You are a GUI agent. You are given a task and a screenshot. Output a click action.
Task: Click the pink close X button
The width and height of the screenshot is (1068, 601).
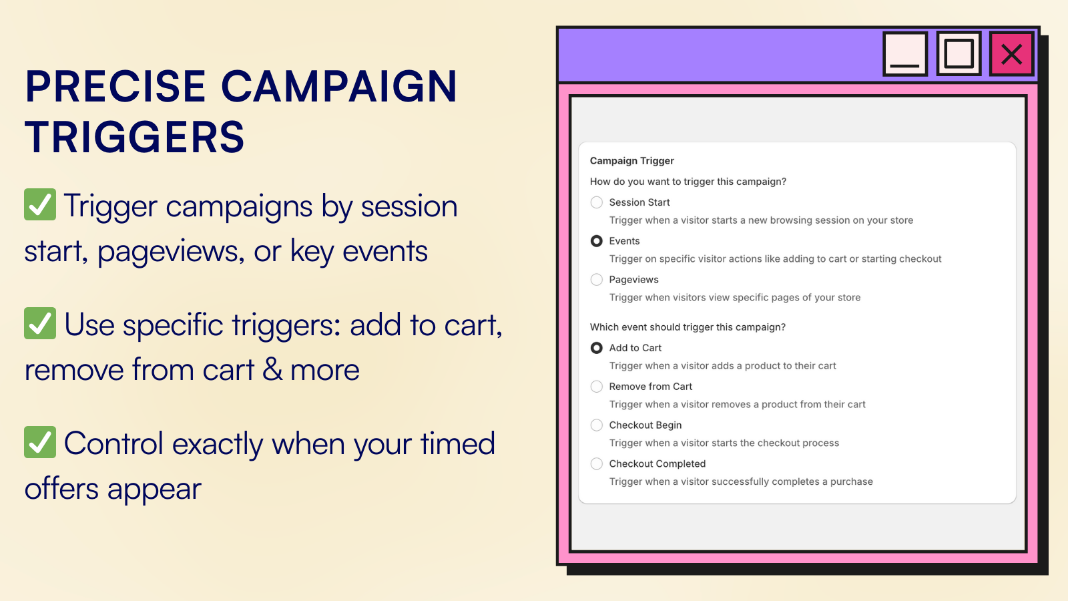coord(1011,54)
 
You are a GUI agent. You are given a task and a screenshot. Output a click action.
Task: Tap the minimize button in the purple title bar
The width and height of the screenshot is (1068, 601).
coord(905,54)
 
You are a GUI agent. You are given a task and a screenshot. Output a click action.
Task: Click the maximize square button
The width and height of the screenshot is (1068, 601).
coord(959,54)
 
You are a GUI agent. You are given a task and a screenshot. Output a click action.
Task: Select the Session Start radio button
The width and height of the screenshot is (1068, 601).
coord(597,202)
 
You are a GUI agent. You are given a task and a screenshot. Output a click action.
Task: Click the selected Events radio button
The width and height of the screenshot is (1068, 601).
coord(597,241)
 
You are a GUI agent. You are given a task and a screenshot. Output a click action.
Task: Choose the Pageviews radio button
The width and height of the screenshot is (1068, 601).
coord(597,280)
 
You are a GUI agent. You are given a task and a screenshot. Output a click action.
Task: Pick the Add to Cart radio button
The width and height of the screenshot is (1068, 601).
coord(597,348)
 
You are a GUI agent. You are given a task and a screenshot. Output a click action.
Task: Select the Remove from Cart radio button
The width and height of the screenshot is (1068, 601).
coord(597,387)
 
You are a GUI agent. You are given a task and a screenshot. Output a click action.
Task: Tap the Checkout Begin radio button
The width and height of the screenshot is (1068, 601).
coord(597,425)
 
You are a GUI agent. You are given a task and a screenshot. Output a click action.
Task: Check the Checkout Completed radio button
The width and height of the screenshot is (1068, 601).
coord(597,463)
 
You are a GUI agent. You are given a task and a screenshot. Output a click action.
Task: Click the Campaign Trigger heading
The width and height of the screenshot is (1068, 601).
coord(631,161)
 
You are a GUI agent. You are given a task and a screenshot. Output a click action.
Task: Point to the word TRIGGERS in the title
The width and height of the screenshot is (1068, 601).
coord(134,137)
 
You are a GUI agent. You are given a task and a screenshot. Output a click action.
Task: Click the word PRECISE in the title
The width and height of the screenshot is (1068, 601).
coord(115,86)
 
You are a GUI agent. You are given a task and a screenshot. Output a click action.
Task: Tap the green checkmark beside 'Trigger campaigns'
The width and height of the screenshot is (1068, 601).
coord(40,204)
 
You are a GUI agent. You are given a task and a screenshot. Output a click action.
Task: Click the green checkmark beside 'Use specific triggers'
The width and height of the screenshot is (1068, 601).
coord(40,323)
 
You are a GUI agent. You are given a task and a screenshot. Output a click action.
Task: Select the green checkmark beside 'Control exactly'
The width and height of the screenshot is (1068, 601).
coord(40,442)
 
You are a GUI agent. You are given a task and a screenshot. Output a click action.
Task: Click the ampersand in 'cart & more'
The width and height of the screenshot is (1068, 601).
coord(272,370)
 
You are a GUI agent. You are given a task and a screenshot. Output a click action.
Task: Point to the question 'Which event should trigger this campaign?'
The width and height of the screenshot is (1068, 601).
coord(688,327)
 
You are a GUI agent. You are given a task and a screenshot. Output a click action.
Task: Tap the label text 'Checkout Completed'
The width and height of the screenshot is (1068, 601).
coord(657,463)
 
